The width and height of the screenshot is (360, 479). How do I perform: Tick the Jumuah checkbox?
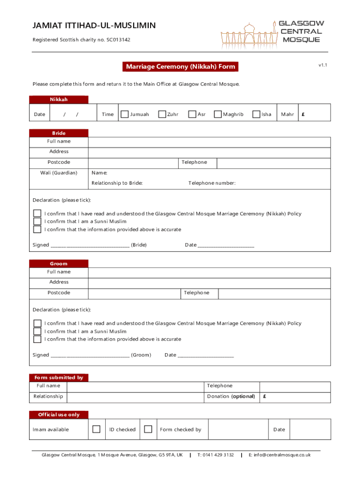(124, 114)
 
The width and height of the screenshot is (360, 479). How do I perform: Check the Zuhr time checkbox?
(162, 114)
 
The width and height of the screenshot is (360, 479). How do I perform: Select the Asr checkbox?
(192, 114)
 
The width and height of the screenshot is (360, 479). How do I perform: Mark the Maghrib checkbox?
(217, 114)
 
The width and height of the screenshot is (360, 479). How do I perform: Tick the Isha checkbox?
(256, 114)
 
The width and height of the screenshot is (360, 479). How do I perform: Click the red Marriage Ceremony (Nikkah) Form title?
(180, 67)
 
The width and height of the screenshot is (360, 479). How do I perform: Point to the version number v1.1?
(323, 65)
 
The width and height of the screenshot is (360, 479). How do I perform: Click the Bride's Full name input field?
(209, 141)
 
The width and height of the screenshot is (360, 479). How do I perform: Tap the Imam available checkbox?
(96, 429)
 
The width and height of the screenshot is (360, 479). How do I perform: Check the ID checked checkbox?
(148, 429)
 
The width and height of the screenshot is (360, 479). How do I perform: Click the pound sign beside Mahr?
(303, 115)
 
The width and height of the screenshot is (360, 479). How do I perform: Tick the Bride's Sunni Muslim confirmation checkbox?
(37, 221)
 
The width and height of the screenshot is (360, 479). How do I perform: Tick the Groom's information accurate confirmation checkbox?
(37, 339)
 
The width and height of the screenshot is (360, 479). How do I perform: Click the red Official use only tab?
(58, 415)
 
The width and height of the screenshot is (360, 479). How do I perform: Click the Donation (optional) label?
(231, 396)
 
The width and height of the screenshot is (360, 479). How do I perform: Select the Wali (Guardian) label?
(59, 173)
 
